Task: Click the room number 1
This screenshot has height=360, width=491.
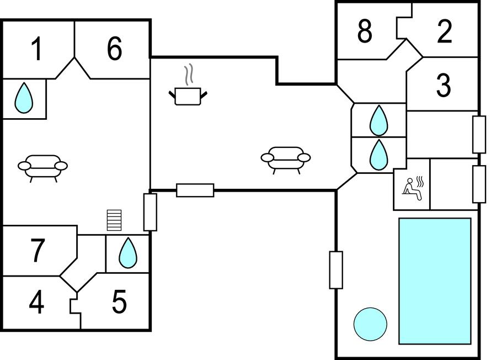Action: click(x=36, y=49)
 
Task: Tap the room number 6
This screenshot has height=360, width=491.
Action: click(x=114, y=49)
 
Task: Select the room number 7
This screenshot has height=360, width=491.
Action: click(x=37, y=251)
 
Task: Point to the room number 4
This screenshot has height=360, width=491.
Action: click(x=36, y=303)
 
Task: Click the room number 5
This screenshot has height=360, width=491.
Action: click(x=119, y=302)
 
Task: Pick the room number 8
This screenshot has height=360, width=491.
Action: click(x=365, y=32)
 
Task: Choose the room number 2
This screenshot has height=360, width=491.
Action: click(x=445, y=32)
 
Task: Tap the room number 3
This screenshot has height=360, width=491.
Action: click(x=443, y=85)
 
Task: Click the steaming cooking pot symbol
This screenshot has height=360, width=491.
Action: click(x=188, y=92)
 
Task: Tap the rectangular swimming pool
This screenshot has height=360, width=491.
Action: click(x=435, y=280)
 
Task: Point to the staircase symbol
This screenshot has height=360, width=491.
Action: click(x=114, y=220)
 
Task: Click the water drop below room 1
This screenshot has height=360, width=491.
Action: click(x=23, y=98)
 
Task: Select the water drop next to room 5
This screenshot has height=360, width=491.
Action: click(x=128, y=253)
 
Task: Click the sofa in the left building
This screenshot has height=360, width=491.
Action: click(x=43, y=167)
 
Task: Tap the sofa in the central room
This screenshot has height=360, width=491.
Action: click(x=285, y=159)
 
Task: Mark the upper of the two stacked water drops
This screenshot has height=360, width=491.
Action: click(x=378, y=120)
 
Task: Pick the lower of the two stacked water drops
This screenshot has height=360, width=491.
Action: click(x=378, y=155)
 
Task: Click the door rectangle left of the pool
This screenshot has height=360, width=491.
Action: click(x=336, y=270)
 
